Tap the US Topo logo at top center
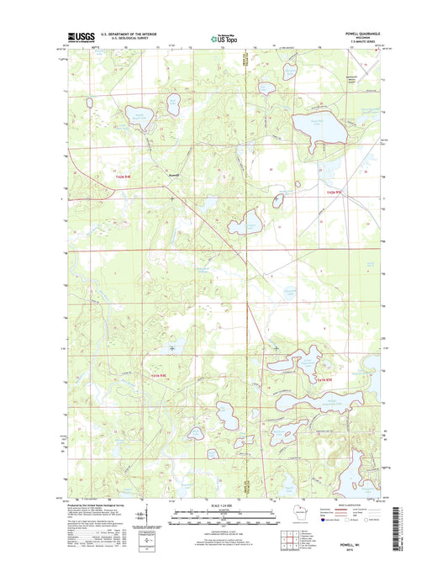click(x=224, y=37)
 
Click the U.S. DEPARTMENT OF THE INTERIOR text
click(x=129, y=34)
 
